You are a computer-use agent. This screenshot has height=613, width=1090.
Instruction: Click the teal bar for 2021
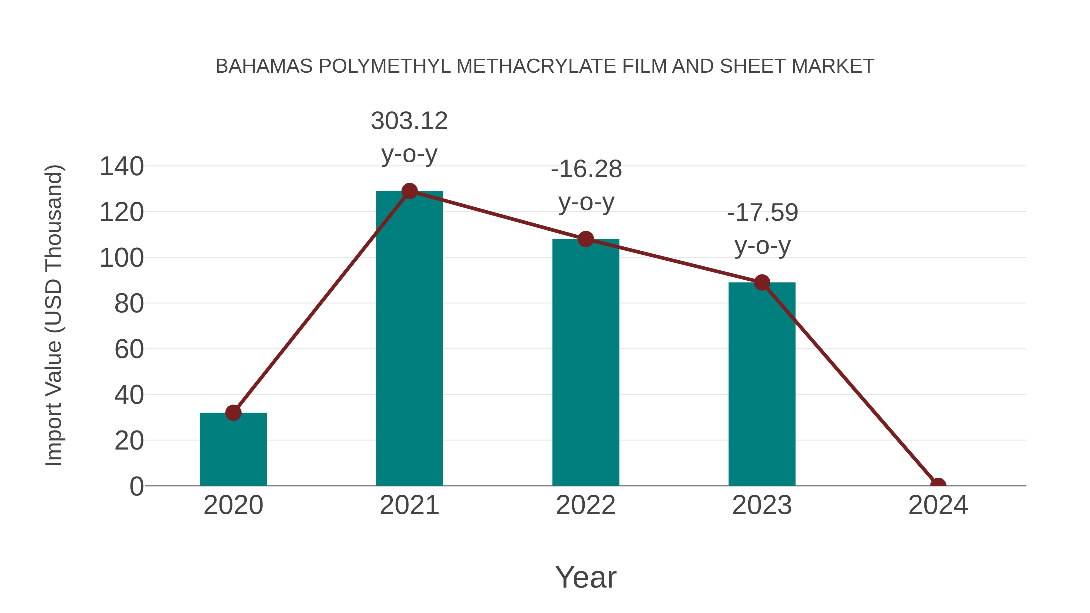click(x=409, y=338)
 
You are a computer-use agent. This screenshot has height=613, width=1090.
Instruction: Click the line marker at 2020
click(x=233, y=413)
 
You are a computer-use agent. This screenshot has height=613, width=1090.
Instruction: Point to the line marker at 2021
click(x=409, y=191)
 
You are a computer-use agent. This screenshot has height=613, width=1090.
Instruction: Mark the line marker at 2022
click(x=586, y=239)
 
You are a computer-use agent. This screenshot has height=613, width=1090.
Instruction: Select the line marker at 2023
click(x=762, y=283)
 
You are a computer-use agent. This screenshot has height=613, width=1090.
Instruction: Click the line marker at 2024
click(x=938, y=485)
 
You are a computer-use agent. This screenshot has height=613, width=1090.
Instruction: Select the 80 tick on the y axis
click(x=129, y=303)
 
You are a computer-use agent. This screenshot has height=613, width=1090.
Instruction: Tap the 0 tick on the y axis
click(x=137, y=486)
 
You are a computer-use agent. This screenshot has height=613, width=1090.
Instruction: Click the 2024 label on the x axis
click(x=938, y=505)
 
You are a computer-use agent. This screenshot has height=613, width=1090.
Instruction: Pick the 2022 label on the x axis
click(x=586, y=505)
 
